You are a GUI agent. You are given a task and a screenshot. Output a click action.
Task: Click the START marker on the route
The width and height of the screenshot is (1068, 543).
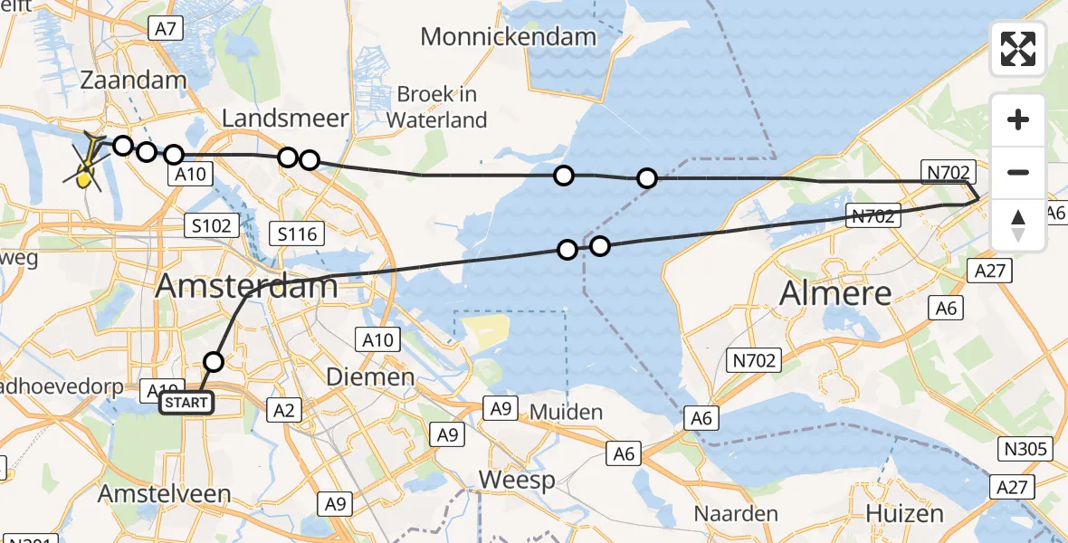187,402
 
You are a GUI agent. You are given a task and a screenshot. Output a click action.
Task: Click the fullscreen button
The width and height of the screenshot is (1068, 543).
1018,49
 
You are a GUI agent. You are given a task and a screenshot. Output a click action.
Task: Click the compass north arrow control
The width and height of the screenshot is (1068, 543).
1018,225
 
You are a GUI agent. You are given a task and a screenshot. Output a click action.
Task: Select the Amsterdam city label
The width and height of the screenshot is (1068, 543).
247,287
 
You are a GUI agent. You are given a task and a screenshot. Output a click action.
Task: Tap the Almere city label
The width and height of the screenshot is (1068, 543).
834,294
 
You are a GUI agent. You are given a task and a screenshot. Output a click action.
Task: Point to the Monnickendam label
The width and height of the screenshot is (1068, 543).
509,37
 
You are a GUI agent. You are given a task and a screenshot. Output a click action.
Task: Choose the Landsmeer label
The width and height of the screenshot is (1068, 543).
285,119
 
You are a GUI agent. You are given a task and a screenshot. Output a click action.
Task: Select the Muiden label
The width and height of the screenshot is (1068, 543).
566,413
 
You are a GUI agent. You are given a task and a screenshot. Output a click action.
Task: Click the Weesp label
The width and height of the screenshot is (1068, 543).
517,480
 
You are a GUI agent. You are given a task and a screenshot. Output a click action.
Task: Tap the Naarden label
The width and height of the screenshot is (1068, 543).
736,514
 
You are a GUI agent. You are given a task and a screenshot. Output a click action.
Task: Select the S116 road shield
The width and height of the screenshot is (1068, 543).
297,235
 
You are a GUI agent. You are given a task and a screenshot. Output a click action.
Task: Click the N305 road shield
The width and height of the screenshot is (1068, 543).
1025,449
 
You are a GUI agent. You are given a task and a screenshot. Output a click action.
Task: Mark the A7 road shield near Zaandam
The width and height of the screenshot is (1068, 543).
164,29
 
